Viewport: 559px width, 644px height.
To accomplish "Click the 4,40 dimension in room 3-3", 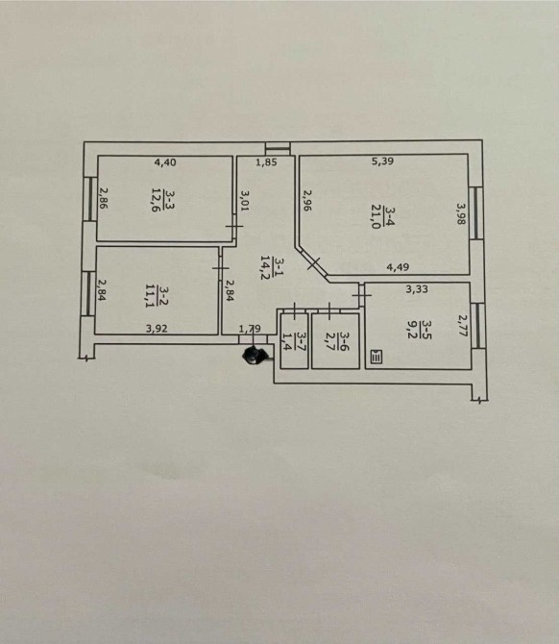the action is pos(165,162).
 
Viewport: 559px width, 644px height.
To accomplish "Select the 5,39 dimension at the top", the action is pos(382,161).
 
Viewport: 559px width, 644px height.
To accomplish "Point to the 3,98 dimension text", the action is pos(461,212).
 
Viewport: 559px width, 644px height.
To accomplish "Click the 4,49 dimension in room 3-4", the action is pos(398,267).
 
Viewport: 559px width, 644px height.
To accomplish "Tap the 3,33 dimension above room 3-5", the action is pos(417,289).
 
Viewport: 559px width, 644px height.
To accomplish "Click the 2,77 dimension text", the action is pos(463,326).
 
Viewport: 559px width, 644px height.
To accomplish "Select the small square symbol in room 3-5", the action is pos(377,357).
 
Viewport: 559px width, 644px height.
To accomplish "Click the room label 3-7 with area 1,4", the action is pos(295,339).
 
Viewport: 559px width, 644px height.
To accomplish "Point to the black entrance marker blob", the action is pos(255,355).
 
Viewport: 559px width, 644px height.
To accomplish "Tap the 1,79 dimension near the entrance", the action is pos(250,329).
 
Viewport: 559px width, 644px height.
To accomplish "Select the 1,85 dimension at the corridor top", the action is pos(266,162).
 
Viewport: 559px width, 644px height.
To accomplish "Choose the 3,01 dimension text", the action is pos(245,201).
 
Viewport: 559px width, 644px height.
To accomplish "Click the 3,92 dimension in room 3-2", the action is pos(157,328).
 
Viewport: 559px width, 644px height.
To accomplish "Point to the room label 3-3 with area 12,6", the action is pos(162,200).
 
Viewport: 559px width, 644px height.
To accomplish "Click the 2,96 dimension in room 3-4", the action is pos(307,200).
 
